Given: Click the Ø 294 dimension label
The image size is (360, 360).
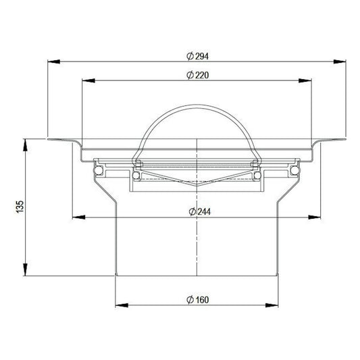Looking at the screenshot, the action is [x=197, y=56].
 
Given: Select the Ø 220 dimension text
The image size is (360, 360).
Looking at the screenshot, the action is [x=197, y=75].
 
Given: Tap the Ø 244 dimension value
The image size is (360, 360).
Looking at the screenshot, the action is [x=199, y=211].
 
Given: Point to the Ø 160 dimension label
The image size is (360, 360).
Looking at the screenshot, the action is [x=197, y=300].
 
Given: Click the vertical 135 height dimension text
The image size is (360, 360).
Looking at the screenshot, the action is [x=20, y=207].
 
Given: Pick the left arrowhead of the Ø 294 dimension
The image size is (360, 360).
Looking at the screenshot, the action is [x=54, y=61].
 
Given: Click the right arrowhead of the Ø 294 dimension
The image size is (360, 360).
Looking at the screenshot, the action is [x=340, y=61].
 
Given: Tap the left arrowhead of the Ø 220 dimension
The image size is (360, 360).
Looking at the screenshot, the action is [x=88, y=80].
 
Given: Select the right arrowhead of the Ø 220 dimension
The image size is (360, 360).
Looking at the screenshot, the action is [x=305, y=80].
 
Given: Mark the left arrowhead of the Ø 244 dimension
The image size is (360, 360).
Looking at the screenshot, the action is [x=79, y=217].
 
